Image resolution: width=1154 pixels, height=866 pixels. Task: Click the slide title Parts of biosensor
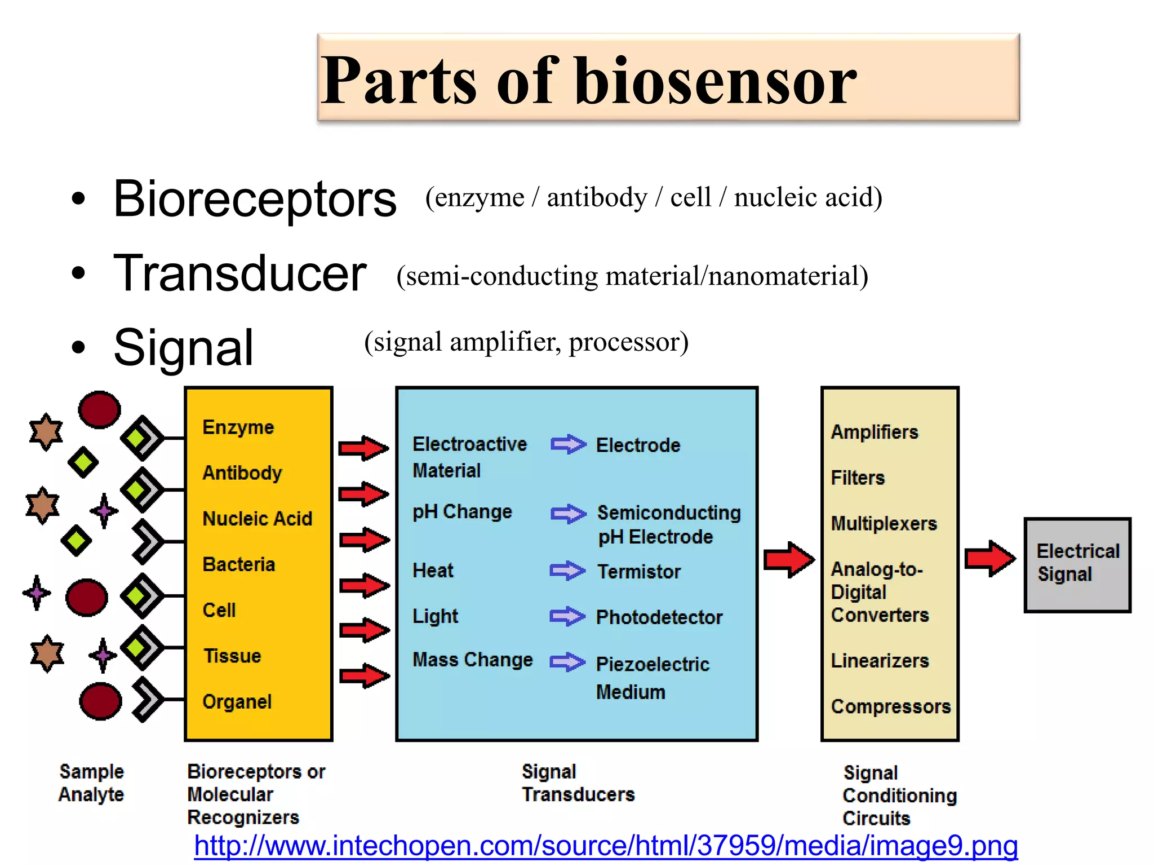[x=589, y=80]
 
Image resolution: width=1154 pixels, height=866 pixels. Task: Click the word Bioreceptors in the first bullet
[x=255, y=199]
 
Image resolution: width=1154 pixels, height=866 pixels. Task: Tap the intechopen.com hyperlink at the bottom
[x=606, y=846]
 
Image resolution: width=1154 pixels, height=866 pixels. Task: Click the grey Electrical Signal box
[x=1077, y=564]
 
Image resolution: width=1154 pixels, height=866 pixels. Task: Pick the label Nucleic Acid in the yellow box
[x=257, y=518]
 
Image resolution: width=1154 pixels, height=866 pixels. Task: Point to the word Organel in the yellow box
[x=237, y=701]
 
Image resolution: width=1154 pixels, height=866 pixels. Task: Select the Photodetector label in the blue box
[x=659, y=617]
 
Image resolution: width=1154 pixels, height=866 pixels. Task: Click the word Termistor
[x=638, y=572]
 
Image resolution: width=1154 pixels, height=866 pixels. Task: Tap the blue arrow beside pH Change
[x=568, y=513]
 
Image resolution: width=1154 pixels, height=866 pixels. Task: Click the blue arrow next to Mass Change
[x=567, y=661]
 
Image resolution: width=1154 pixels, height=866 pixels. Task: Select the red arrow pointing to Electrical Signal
[x=989, y=558]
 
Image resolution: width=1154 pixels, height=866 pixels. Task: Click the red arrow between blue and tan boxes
[x=789, y=559]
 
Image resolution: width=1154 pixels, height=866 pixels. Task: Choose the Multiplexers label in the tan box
[x=884, y=523]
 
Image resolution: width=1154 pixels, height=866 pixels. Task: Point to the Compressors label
[x=890, y=706]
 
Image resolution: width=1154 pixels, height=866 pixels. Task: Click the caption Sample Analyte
[x=91, y=783]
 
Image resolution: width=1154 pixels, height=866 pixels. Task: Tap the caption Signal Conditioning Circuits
[x=899, y=795]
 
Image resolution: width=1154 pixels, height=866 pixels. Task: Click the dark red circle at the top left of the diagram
[x=99, y=410]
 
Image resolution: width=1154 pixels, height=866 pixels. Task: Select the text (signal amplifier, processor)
[x=526, y=342]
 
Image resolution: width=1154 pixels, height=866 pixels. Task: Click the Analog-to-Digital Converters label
[x=879, y=592]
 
